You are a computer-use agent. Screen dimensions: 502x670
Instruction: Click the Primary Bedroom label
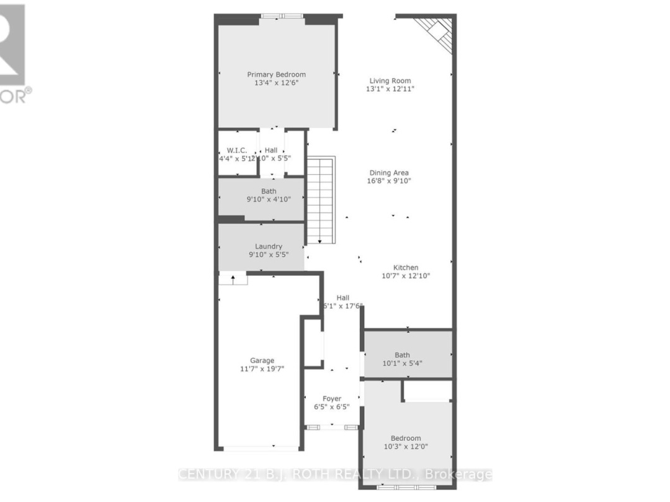pos(276,74)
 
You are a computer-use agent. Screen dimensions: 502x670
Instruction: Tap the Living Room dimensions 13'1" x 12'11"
pos(390,89)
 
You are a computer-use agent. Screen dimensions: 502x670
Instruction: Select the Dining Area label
pos(389,173)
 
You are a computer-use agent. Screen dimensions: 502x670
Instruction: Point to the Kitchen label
pos(406,268)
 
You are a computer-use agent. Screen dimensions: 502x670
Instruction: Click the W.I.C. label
pos(237,150)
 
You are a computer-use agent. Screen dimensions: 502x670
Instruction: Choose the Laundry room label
pos(268,246)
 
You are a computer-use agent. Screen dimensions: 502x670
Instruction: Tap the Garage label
pos(262,360)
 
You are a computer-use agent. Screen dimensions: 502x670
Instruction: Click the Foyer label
pos(331,399)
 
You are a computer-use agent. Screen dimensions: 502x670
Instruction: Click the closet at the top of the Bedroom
pos(427,391)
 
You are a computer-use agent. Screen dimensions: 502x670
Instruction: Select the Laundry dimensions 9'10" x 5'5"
pos(268,255)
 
